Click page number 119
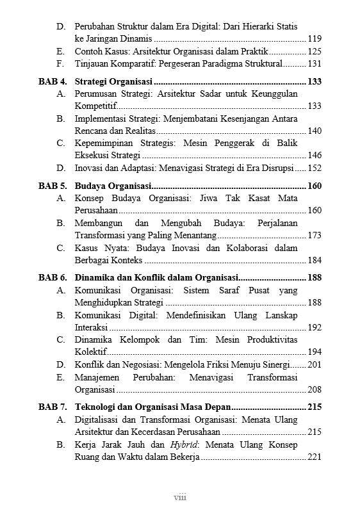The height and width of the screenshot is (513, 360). point(315,39)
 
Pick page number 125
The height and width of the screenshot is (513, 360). point(315,51)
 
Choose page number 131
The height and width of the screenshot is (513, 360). point(315,64)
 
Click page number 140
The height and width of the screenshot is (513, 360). point(315,131)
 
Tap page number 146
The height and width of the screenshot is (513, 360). point(315,156)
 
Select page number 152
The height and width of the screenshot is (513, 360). point(315,168)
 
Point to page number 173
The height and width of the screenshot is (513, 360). point(315,235)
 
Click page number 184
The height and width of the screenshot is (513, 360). point(315,260)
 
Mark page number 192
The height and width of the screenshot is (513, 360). point(315,327)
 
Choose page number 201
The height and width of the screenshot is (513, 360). point(315,364)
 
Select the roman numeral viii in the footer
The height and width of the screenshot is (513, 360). point(180,497)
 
